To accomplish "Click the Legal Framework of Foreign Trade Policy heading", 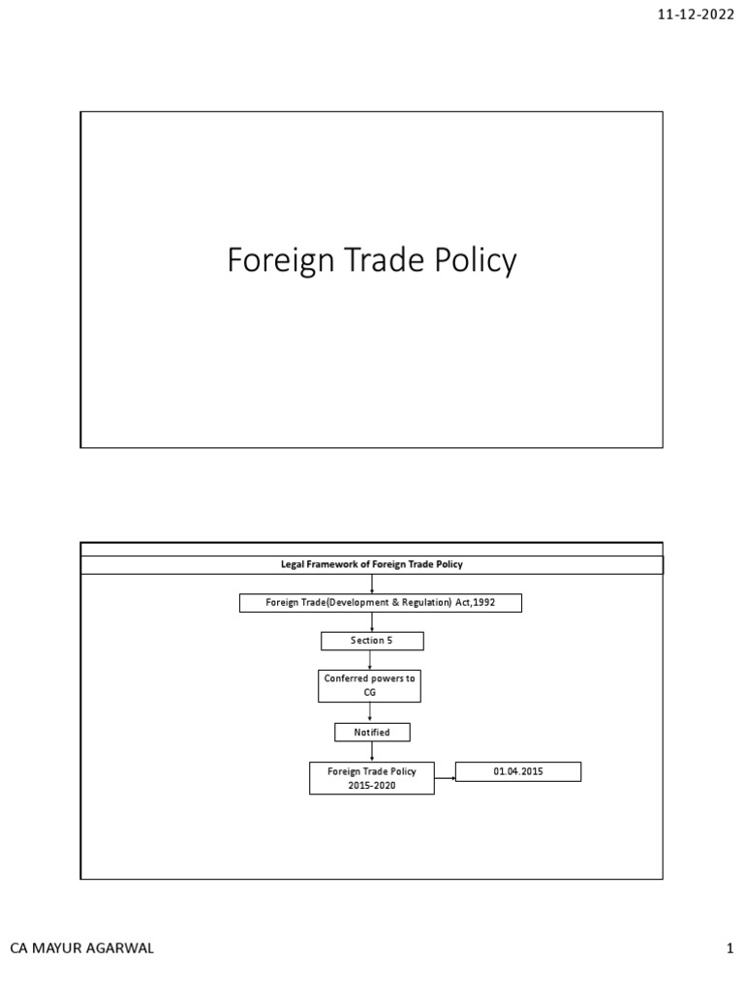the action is (x=372, y=564).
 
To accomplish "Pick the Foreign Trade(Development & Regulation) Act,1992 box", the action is (x=381, y=603).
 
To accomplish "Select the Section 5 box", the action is (x=372, y=641).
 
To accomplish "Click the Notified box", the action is (x=372, y=732).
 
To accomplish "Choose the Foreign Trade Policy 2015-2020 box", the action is (x=372, y=778).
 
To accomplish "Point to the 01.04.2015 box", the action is (x=518, y=771).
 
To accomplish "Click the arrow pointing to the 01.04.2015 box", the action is (x=445, y=776).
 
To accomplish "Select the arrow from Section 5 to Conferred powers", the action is (x=372, y=660).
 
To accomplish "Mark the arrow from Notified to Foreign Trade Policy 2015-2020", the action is (x=372, y=751).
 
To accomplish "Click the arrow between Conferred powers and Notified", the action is (x=372, y=712).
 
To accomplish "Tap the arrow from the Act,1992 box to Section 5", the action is (x=372, y=622).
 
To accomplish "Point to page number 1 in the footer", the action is (x=730, y=949).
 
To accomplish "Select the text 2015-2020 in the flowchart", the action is (x=372, y=786).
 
